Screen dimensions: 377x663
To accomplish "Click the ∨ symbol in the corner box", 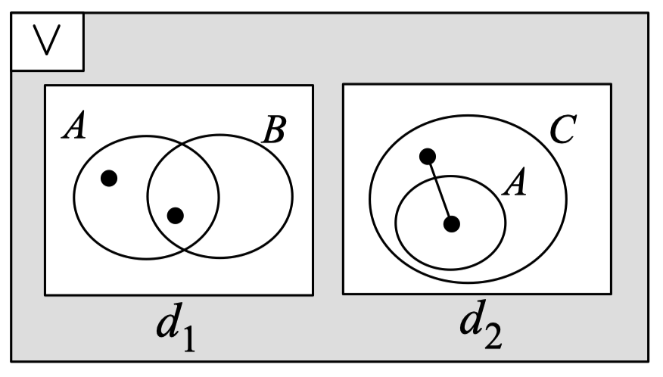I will tap(47, 43).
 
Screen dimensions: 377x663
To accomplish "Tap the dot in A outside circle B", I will tap(109, 179).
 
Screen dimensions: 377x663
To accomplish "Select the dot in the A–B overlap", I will tap(175, 216).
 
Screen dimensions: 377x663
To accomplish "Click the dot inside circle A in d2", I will tap(452, 224).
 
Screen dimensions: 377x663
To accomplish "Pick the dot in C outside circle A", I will tap(428, 157).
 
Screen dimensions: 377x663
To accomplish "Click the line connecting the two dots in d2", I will tap(440, 190).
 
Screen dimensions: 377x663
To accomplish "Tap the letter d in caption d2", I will tap(471, 321).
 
